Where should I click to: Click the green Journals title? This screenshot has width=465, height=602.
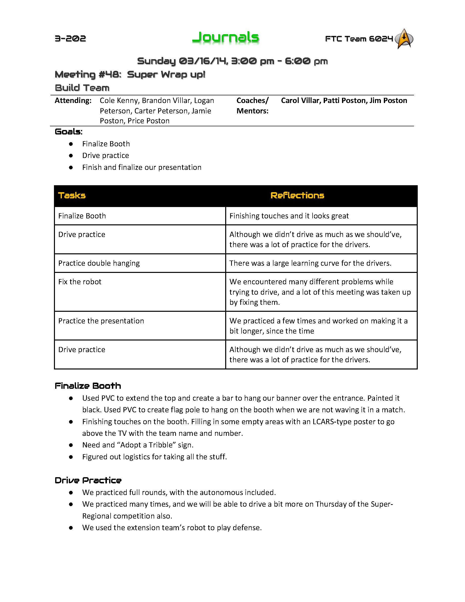pyautogui.click(x=225, y=38)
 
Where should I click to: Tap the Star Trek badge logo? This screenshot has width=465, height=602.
pyautogui.click(x=404, y=39)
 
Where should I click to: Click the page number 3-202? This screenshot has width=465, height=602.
pyautogui.click(x=70, y=39)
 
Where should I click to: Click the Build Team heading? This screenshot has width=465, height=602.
pyautogui.click(x=82, y=88)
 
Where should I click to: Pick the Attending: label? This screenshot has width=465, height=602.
pyautogui.click(x=73, y=101)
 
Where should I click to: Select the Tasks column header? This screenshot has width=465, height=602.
pyautogui.click(x=72, y=195)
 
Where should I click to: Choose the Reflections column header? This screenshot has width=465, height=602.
pyautogui.click(x=297, y=195)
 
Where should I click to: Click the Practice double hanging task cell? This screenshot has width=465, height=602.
pyautogui.click(x=99, y=263)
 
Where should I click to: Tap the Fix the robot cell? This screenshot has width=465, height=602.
pyautogui.click(x=80, y=282)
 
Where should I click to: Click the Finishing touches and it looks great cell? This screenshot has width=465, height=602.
pyautogui.click(x=289, y=216)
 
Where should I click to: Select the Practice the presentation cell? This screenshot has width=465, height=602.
pyautogui.click(x=101, y=321)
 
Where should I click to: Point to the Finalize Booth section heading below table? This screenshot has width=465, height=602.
pyautogui.click(x=88, y=386)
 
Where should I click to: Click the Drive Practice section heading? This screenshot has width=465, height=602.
pyautogui.click(x=88, y=480)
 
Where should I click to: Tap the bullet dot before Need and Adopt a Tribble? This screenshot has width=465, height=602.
pyautogui.click(x=71, y=445)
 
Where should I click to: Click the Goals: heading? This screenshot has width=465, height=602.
pyautogui.click(x=69, y=132)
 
